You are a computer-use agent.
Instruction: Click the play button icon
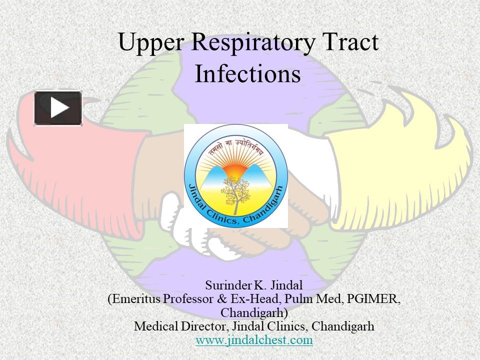coord(58,108)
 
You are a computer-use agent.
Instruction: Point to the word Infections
coord(247,74)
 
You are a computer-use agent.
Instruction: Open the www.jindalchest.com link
coord(254,340)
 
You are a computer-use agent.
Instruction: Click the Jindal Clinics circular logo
coord(235,175)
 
